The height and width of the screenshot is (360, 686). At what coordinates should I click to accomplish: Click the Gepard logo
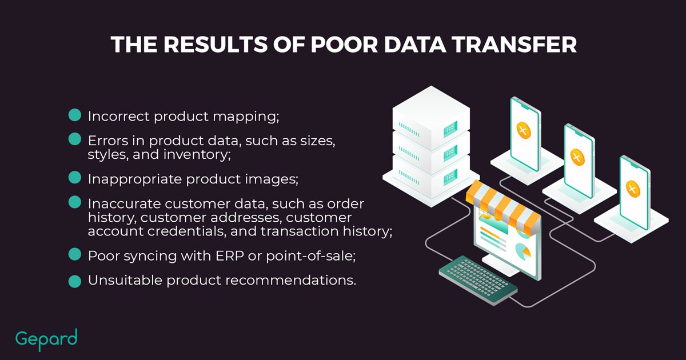(x=46, y=339)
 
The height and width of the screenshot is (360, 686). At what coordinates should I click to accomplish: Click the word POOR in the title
(x=344, y=45)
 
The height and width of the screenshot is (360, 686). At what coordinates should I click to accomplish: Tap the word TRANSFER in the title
(x=514, y=45)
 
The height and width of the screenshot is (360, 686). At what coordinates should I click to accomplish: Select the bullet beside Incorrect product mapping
(x=75, y=115)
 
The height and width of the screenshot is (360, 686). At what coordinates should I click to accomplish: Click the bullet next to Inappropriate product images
(x=75, y=178)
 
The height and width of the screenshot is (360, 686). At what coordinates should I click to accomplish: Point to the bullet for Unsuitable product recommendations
(x=75, y=281)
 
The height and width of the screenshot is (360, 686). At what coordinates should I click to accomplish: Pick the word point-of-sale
(x=311, y=257)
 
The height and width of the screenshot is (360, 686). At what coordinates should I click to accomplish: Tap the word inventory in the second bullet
(x=197, y=155)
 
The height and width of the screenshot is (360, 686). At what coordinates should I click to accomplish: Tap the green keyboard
(x=478, y=281)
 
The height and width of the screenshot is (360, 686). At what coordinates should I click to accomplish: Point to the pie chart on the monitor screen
(x=523, y=250)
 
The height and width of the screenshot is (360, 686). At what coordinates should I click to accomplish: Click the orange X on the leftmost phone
(x=524, y=130)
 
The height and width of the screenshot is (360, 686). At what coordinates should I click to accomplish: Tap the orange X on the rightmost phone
(x=633, y=189)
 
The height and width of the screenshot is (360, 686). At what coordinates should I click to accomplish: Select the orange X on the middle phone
(x=577, y=157)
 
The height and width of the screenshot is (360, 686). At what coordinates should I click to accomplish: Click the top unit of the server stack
(x=431, y=118)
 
